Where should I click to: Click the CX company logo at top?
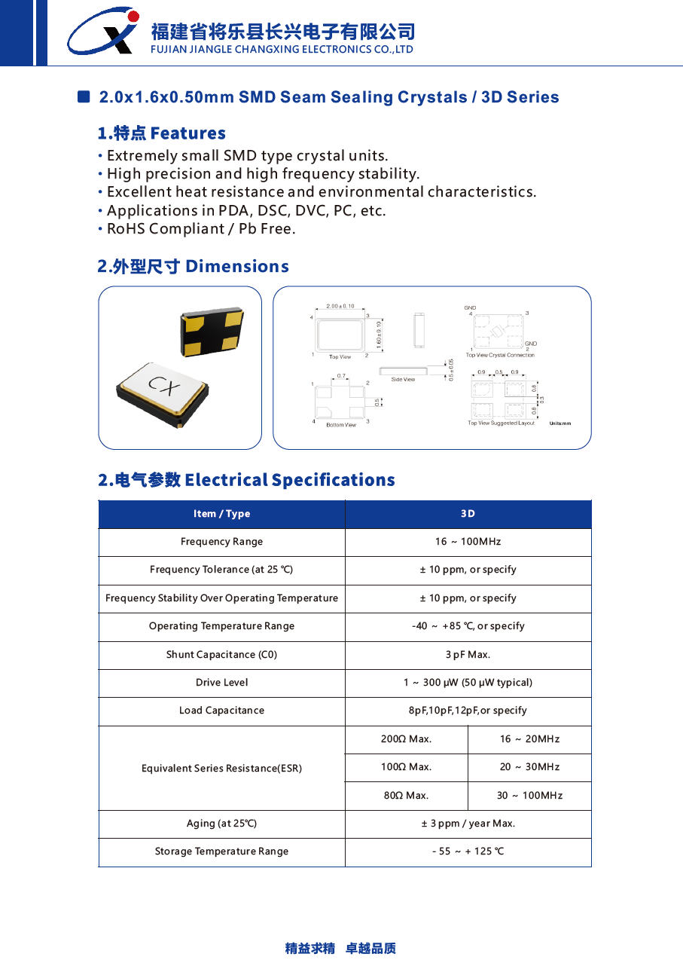point(103,31)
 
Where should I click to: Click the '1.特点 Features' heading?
point(161,133)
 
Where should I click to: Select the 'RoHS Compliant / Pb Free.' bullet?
point(201,229)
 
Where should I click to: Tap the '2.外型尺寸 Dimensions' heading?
point(193,267)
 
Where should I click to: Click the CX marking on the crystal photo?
point(164,386)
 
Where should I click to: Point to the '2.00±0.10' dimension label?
point(340,306)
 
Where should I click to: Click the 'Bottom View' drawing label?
point(341,425)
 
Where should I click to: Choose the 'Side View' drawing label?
point(403,380)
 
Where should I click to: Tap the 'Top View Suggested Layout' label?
point(501,423)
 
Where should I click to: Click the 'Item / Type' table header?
point(221,514)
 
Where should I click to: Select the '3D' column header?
point(468,514)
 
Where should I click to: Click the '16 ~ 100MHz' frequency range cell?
point(468,542)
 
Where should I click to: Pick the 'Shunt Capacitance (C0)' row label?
point(221,655)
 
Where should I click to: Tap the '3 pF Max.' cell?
point(468,655)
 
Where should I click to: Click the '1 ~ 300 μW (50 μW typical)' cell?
point(468,683)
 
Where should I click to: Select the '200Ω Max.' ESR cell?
point(406,739)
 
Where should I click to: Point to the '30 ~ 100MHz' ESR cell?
point(529,796)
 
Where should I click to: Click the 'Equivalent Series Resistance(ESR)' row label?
point(221,769)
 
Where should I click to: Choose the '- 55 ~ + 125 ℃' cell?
point(468,851)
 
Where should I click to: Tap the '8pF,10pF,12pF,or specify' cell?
point(468,711)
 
